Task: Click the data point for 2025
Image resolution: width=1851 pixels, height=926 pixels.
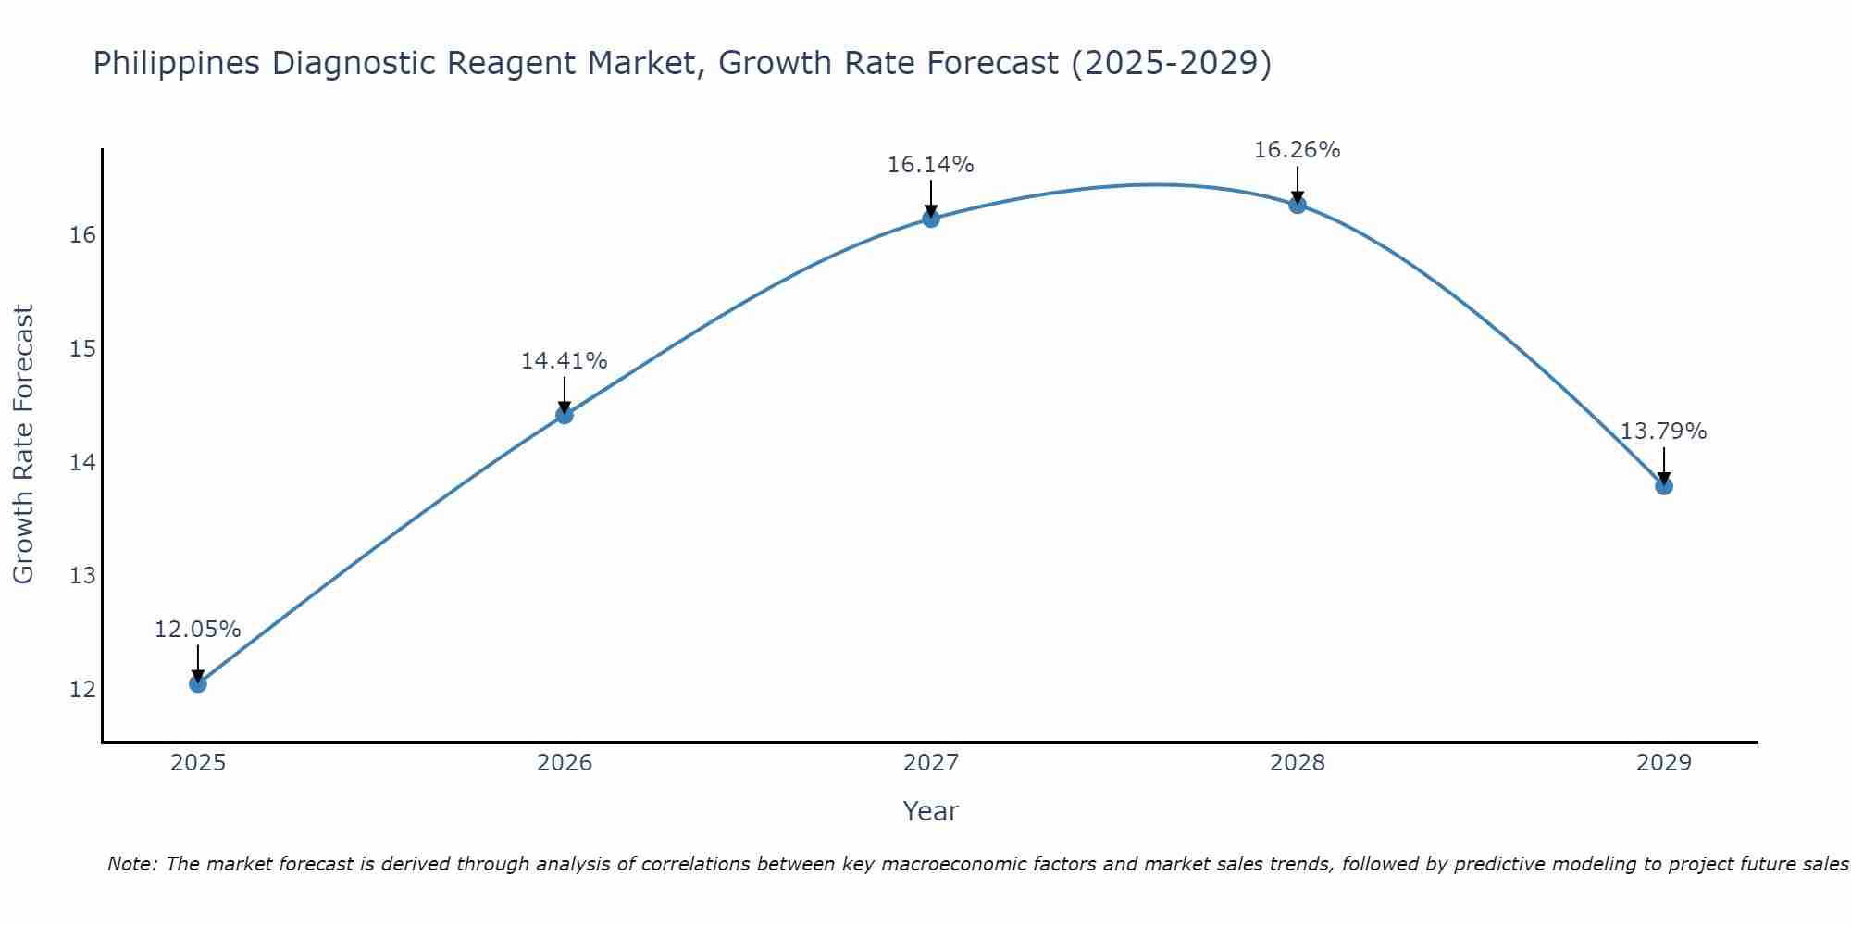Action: click(198, 683)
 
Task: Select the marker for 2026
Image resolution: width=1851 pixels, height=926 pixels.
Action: click(565, 415)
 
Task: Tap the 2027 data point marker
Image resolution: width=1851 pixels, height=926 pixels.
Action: click(931, 219)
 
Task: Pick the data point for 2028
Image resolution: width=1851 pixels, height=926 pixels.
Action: click(1298, 205)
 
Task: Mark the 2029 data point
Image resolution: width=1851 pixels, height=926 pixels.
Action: click(1664, 485)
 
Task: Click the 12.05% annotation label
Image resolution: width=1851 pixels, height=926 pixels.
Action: click(197, 630)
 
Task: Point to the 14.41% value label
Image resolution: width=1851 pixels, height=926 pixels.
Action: click(564, 361)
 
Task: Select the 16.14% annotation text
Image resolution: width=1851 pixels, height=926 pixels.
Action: click(930, 165)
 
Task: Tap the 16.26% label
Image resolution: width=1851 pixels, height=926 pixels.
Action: click(1297, 150)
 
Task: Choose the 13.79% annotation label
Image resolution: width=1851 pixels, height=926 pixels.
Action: click(1663, 432)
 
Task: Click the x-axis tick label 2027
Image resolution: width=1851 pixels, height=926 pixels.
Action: click(931, 763)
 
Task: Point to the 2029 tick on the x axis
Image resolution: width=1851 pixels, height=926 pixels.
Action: click(1664, 763)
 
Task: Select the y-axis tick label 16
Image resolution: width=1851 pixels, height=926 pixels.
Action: click(82, 235)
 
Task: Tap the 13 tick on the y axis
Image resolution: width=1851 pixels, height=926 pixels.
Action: click(82, 576)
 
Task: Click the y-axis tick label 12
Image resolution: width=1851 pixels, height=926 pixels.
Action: click(82, 690)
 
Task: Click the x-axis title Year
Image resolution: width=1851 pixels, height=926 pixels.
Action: click(930, 811)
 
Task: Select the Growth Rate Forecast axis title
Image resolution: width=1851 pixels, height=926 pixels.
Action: click(23, 444)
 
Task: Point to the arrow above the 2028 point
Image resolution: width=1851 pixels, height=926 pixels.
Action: click(1298, 183)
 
